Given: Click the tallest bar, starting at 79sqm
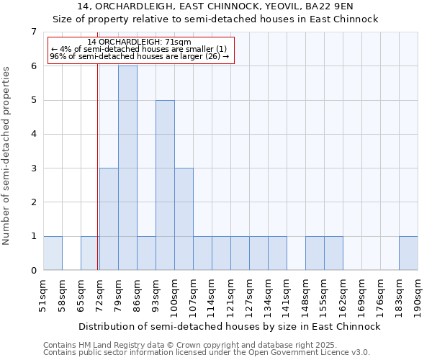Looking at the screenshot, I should (127, 168).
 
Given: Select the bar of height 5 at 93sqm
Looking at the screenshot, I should (165, 185).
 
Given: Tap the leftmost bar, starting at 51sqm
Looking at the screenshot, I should (53, 253).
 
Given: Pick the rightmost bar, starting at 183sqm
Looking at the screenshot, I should (408, 253).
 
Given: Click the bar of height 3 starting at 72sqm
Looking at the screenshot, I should (109, 219).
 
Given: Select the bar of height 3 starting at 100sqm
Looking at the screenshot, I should (184, 219).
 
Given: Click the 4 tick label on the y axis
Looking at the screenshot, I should (33, 134).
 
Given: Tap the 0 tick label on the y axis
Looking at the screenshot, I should (33, 271).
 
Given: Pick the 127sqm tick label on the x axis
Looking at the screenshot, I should (249, 294).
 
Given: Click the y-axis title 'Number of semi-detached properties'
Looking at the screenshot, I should (7, 155).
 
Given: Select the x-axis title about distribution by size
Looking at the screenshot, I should (230, 326).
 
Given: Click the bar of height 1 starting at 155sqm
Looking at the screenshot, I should (333, 253).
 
